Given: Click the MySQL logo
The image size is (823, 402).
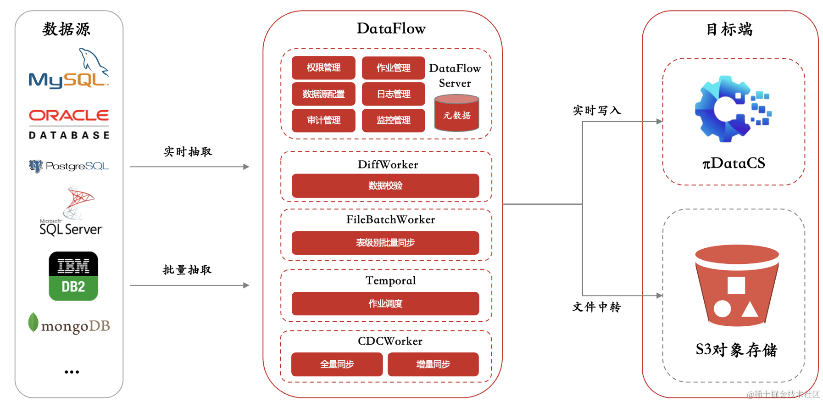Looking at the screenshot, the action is [69, 69].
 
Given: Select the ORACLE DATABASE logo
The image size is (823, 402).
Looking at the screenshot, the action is [69, 124].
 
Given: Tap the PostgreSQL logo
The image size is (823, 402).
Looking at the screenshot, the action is [69, 166].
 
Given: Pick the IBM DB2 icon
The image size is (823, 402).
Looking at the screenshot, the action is [73, 276].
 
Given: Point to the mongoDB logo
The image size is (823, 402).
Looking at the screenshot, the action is [69, 324].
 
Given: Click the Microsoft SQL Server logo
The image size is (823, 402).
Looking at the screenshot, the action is [72, 211].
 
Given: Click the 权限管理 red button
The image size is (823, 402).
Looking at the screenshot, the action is [323, 68].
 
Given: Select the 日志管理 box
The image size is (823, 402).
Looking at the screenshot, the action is [394, 94].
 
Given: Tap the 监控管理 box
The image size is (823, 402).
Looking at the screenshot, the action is [394, 120].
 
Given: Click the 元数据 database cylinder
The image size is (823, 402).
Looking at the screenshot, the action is [456, 113].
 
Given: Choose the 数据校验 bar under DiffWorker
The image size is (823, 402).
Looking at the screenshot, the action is [385, 186].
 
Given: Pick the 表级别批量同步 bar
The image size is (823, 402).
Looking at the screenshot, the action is [385, 243].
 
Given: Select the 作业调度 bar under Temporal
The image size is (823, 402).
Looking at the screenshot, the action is [385, 304].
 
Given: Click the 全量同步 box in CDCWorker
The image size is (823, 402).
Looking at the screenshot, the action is [337, 364].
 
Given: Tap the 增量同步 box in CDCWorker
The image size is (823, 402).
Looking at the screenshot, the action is [433, 364].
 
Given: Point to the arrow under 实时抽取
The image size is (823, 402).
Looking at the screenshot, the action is [190, 167].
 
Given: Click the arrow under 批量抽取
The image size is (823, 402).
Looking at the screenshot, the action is [190, 285].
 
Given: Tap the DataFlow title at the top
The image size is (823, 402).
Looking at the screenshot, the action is [391, 28].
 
